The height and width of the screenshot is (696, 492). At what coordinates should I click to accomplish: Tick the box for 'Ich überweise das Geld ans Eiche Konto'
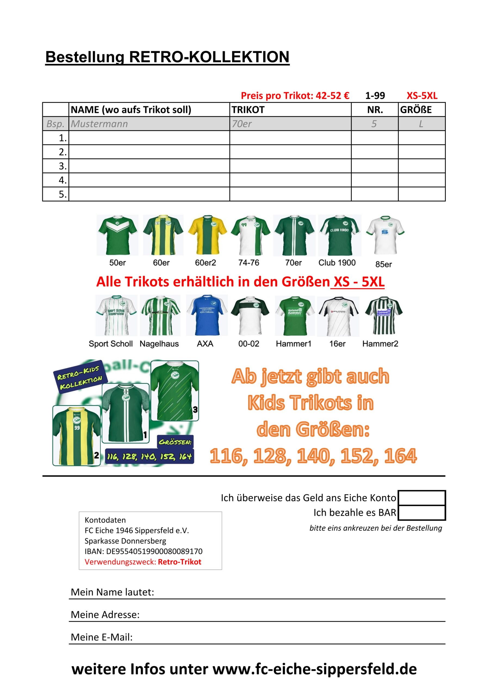421,498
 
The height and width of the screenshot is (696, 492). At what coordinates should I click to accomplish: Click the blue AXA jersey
207,315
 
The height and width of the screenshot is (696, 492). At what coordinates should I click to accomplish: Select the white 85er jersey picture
385,235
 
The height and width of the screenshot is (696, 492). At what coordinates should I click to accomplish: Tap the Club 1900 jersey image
340,235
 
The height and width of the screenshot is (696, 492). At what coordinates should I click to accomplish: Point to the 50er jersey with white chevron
117,235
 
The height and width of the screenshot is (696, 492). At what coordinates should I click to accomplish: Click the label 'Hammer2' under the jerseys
380,344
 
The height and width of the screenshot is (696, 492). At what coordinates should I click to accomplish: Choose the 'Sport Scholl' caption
111,344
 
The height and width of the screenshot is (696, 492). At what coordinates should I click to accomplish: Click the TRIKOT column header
248,110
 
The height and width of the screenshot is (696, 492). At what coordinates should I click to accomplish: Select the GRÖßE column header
416,110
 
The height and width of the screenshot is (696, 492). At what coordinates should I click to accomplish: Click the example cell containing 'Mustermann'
99,124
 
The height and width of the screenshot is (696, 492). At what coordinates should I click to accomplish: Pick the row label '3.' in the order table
63,166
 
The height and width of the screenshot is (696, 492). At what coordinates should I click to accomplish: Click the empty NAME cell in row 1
149,138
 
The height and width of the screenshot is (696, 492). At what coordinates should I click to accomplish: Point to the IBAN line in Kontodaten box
143,551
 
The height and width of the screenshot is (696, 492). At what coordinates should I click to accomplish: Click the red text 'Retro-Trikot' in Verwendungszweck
179,562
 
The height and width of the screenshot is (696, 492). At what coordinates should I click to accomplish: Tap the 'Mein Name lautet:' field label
113,592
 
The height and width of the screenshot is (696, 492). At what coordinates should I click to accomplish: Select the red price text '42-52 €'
332,96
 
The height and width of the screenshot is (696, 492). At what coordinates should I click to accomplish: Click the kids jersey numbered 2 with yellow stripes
77,436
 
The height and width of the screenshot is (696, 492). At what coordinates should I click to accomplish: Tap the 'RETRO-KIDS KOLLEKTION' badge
80,377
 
